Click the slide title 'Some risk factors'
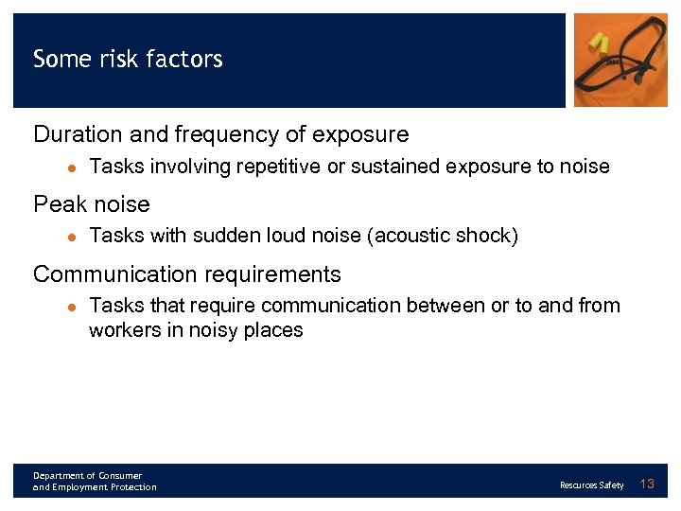click(128, 60)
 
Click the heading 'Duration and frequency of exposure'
click(220, 134)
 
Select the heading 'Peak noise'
click(91, 204)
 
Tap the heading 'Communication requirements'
click(186, 274)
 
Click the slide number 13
click(647, 485)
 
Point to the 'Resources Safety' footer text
click(591, 485)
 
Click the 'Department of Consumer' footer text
click(87, 475)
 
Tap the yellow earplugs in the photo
click(599, 42)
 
